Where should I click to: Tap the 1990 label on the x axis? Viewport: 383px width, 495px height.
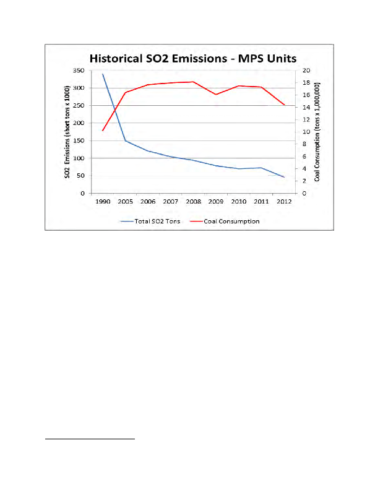[103, 202]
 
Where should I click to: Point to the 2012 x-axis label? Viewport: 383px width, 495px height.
[284, 202]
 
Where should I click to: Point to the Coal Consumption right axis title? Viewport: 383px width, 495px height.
[317, 132]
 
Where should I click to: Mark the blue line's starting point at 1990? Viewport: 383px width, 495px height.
[103, 74]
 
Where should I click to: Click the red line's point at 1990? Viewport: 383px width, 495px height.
[103, 131]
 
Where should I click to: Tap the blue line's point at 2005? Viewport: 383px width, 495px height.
[126, 141]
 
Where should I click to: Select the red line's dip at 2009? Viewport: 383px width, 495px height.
[216, 95]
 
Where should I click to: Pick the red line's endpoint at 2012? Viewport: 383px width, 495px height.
[284, 105]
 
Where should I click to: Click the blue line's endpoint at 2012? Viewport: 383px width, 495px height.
[284, 177]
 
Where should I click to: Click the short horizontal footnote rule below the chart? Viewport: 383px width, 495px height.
[90, 439]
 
